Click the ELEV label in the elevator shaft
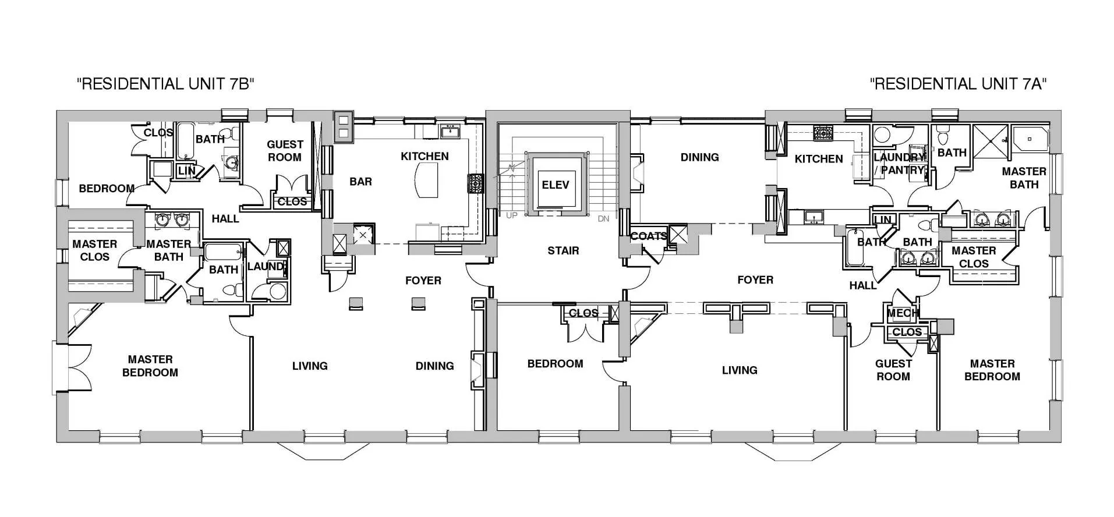555,185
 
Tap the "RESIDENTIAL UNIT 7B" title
166,84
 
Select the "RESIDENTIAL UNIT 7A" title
958,84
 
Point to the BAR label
360,182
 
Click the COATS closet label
649,236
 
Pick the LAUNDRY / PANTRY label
899,164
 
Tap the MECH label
902,313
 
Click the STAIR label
563,251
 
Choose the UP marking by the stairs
511,215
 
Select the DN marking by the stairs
603,218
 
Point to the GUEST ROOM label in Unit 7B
285,151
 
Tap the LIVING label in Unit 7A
740,370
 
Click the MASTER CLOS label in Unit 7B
94,250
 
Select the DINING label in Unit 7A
699,157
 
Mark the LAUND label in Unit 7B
265,267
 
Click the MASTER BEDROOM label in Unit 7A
992,370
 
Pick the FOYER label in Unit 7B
423,281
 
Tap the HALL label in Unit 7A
862,285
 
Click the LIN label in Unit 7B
186,171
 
